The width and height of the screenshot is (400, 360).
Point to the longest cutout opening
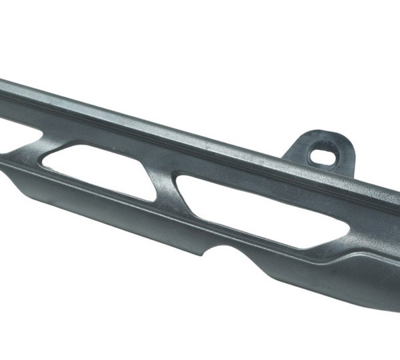point(253,203)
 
